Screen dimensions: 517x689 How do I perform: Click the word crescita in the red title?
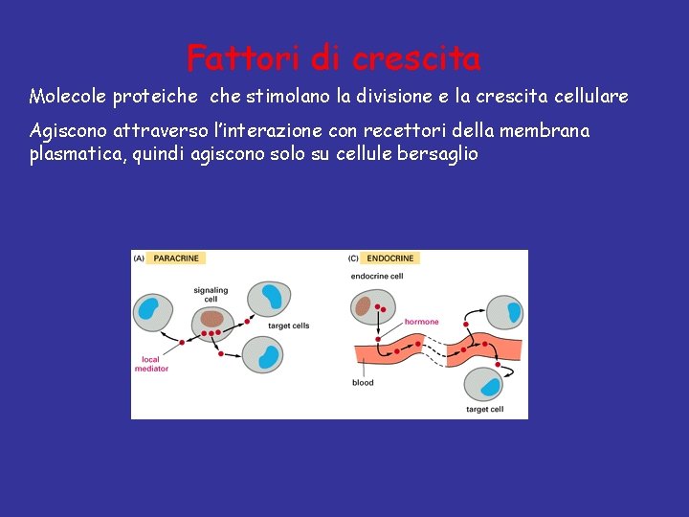(416, 58)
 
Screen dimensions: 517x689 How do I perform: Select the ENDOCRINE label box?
(390, 258)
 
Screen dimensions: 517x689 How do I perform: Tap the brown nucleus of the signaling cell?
(211, 319)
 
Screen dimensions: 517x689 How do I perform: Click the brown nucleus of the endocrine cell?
(364, 306)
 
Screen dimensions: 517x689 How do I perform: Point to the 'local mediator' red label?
(151, 365)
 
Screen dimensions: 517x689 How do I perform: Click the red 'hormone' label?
(422, 322)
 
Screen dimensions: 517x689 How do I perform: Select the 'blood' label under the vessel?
(363, 383)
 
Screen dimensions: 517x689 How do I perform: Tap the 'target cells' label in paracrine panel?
(289, 326)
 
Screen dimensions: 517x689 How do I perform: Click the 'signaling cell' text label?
(210, 293)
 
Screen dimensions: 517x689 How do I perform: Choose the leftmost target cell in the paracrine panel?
(151, 309)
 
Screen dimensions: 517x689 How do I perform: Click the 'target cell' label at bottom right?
(484, 409)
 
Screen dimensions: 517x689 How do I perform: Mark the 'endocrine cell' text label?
(377, 277)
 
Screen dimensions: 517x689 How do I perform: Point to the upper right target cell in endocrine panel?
(505, 311)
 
